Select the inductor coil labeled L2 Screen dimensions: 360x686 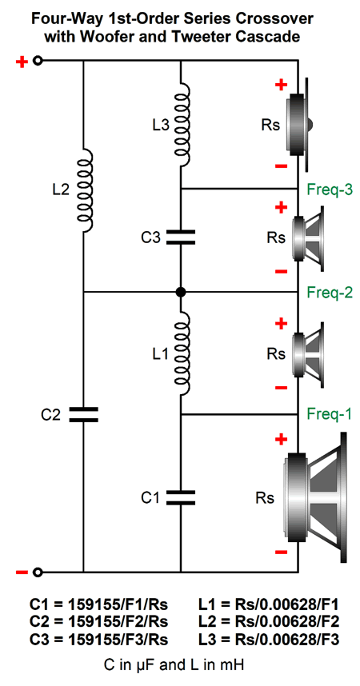[x=85, y=190]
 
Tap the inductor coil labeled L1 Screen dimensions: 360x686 [x=182, y=353]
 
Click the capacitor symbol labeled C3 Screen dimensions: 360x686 [x=181, y=237]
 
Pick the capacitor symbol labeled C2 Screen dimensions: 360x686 [x=83, y=414]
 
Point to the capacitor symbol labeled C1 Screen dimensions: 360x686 [x=181, y=497]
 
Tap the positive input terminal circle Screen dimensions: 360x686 [x=38, y=61]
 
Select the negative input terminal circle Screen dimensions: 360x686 [x=38, y=572]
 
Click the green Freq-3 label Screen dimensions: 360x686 [x=330, y=190]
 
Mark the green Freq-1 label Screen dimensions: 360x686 [x=330, y=413]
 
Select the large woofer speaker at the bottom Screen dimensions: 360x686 [x=315, y=498]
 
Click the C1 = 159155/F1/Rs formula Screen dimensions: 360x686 [x=99, y=604]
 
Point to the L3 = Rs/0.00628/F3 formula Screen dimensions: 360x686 [x=269, y=639]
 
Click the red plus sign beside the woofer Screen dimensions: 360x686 [x=281, y=439]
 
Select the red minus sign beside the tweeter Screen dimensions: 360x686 [x=281, y=166]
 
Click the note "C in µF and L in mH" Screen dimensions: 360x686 [x=174, y=665]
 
